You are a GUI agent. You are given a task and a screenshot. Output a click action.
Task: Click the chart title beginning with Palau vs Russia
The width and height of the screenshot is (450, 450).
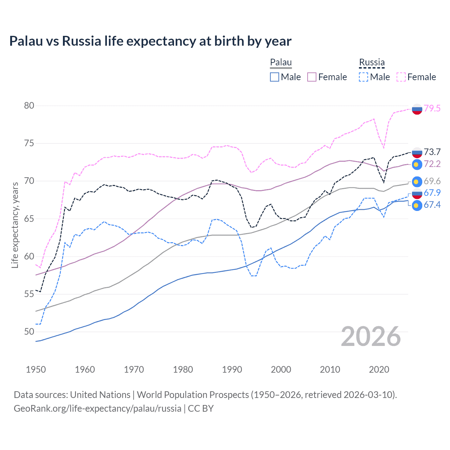(150, 41)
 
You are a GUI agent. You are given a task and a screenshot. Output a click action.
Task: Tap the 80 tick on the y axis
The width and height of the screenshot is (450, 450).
(29, 106)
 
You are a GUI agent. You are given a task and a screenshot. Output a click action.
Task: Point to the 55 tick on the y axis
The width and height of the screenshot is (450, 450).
(29, 294)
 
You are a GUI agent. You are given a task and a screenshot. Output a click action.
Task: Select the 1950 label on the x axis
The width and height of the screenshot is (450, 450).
(36, 369)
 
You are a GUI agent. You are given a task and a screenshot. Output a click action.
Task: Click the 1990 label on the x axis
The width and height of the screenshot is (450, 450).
(232, 369)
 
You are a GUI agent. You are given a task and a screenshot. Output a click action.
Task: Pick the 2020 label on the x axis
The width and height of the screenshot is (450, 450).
(379, 369)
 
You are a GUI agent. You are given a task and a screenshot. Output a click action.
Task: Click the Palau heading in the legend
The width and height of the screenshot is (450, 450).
(281, 63)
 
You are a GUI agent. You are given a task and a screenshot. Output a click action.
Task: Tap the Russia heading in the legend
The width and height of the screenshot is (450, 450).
(372, 63)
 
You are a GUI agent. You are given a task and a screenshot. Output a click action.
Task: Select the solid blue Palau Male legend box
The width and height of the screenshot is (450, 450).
(275, 77)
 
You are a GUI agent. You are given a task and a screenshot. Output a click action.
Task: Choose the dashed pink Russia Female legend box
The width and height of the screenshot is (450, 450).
(401, 77)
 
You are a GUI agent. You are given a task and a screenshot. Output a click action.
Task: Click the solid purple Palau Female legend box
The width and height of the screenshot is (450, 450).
(312, 77)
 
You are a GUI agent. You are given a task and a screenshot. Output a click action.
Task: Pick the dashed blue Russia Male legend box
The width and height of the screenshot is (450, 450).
(364, 77)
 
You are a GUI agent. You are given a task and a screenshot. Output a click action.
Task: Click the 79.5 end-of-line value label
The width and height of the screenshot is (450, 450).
(432, 109)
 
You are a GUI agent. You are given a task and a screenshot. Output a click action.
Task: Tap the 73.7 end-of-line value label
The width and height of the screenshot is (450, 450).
(432, 152)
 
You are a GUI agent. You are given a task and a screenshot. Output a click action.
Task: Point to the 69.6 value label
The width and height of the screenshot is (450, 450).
(432, 181)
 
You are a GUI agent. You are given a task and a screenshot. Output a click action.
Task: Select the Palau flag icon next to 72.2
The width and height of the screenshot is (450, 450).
(417, 164)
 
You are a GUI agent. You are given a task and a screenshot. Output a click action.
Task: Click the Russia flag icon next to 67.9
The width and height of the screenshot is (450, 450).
(417, 193)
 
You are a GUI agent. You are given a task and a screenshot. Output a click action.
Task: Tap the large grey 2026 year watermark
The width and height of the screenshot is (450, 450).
(371, 337)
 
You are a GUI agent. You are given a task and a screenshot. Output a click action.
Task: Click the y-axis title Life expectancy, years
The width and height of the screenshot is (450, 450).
(15, 225)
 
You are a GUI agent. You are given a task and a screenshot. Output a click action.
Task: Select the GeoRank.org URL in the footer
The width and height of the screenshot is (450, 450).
(97, 409)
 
